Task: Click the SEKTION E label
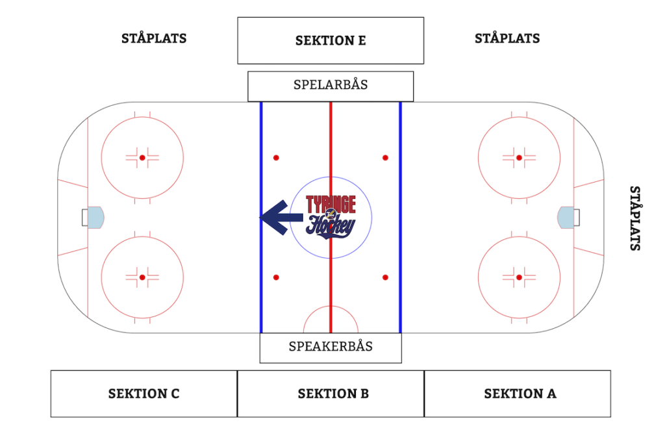pyautogui.click(x=331, y=40)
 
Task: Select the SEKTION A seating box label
pyautogui.click(x=520, y=394)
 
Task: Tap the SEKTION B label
pyautogui.click(x=333, y=394)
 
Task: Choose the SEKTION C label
pyautogui.click(x=144, y=394)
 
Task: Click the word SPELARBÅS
pyautogui.click(x=331, y=85)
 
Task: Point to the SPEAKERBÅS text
pyautogui.click(x=331, y=346)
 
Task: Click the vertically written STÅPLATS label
pyautogui.click(x=635, y=218)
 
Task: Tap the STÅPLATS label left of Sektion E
pyautogui.click(x=154, y=38)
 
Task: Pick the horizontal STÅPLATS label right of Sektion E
pyautogui.click(x=507, y=38)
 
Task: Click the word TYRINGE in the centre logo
pyautogui.click(x=331, y=204)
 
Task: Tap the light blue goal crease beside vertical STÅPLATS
pyautogui.click(x=566, y=218)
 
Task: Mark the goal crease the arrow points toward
pyautogui.click(x=95, y=217)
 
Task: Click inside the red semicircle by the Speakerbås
pyautogui.click(x=331, y=322)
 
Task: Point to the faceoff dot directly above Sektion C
pyautogui.click(x=142, y=277)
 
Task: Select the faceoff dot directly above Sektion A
pyautogui.click(x=519, y=277)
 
